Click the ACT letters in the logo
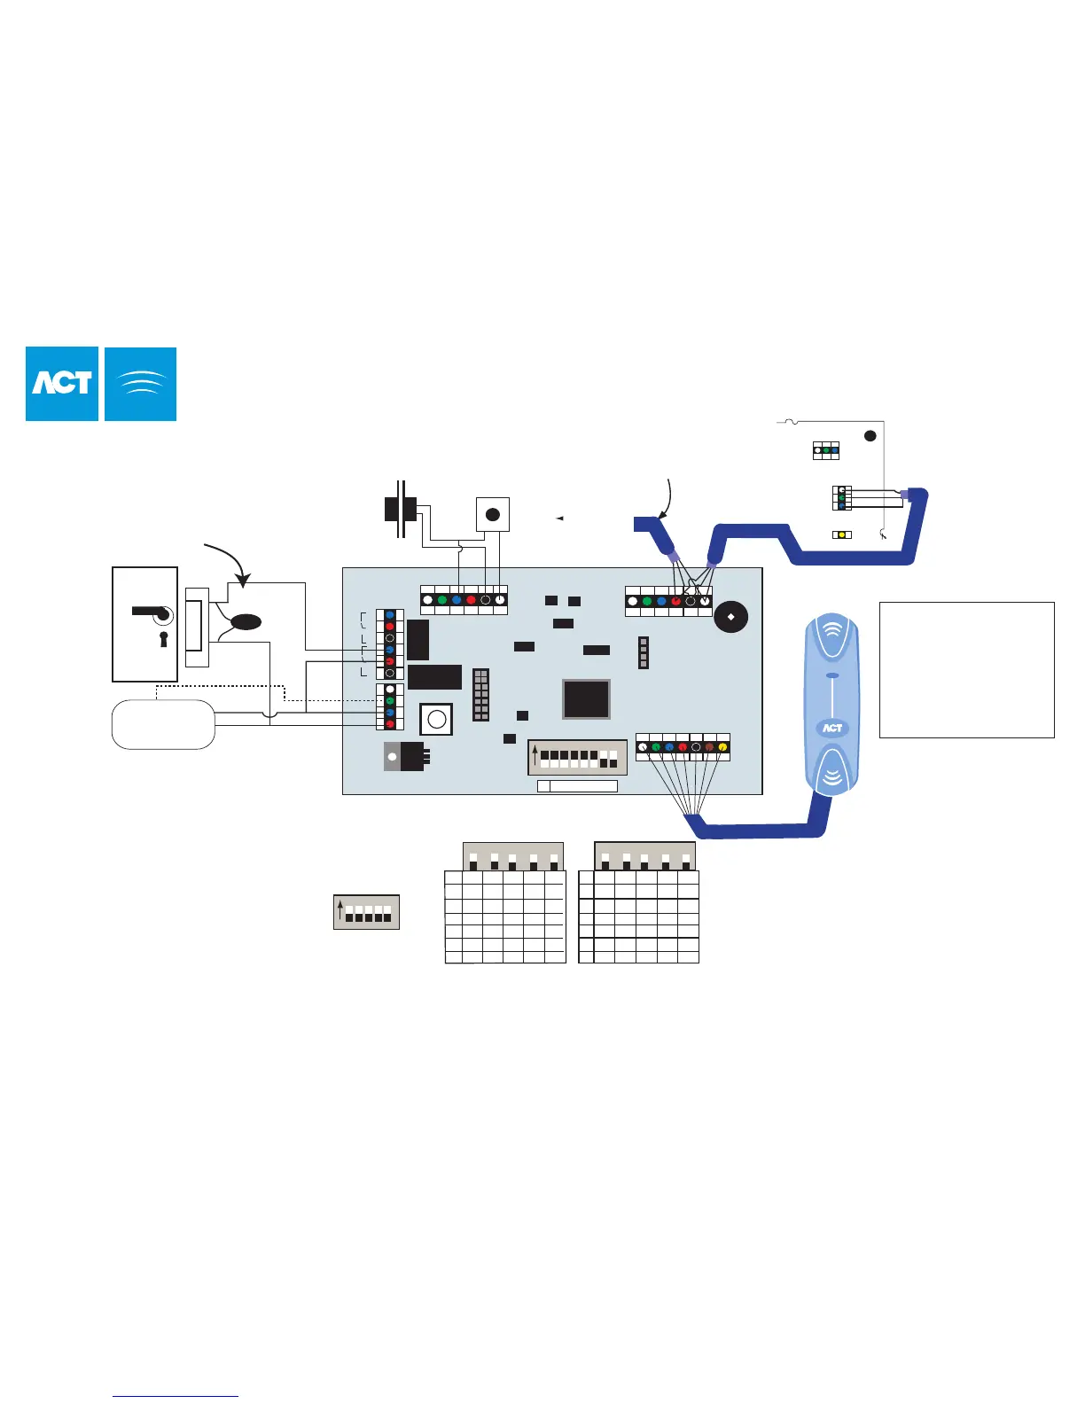pyautogui.click(x=62, y=383)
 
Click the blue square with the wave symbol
pyautogui.click(x=141, y=384)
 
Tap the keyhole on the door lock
pyautogui.click(x=163, y=638)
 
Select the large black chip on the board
pyautogui.click(x=586, y=698)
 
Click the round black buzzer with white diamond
pyautogui.click(x=730, y=616)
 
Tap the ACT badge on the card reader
pyautogui.click(x=831, y=728)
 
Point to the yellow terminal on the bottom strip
pyautogui.click(x=722, y=747)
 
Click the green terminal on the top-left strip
pyautogui.click(x=442, y=600)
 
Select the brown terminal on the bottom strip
pyautogui.click(x=709, y=747)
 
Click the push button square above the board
pyautogui.click(x=493, y=514)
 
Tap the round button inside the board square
pyautogui.click(x=436, y=719)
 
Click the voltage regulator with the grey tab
pyautogui.click(x=406, y=756)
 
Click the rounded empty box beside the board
pyautogui.click(x=163, y=724)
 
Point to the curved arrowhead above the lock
pyautogui.click(x=241, y=582)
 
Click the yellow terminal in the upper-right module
pyautogui.click(x=841, y=535)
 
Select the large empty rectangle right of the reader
pyautogui.click(x=966, y=669)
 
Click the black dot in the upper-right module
pyautogui.click(x=870, y=436)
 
